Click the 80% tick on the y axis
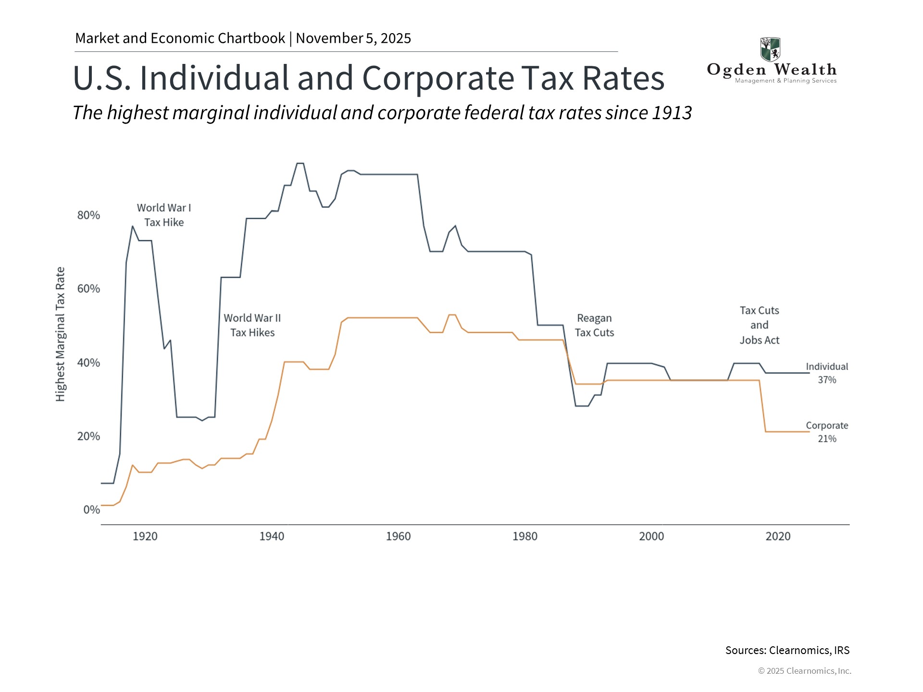click(x=88, y=215)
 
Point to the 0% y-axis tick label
click(x=91, y=510)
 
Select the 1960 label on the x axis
click(x=398, y=536)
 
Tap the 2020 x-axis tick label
click(x=778, y=536)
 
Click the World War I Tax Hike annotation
click(x=164, y=215)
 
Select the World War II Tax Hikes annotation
click(x=252, y=325)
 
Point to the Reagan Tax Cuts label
click(x=594, y=325)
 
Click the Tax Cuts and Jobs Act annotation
click(x=759, y=325)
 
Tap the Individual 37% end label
click(x=827, y=373)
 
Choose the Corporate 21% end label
click(x=827, y=432)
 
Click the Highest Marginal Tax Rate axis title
click(x=60, y=334)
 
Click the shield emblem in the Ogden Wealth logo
click(x=770, y=49)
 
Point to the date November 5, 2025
click(x=353, y=38)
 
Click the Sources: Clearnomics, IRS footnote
click(x=787, y=650)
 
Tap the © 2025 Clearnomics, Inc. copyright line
click(x=804, y=671)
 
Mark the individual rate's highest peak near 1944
click(x=300, y=164)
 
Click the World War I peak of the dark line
click(x=132, y=226)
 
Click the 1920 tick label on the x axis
click(x=145, y=536)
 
